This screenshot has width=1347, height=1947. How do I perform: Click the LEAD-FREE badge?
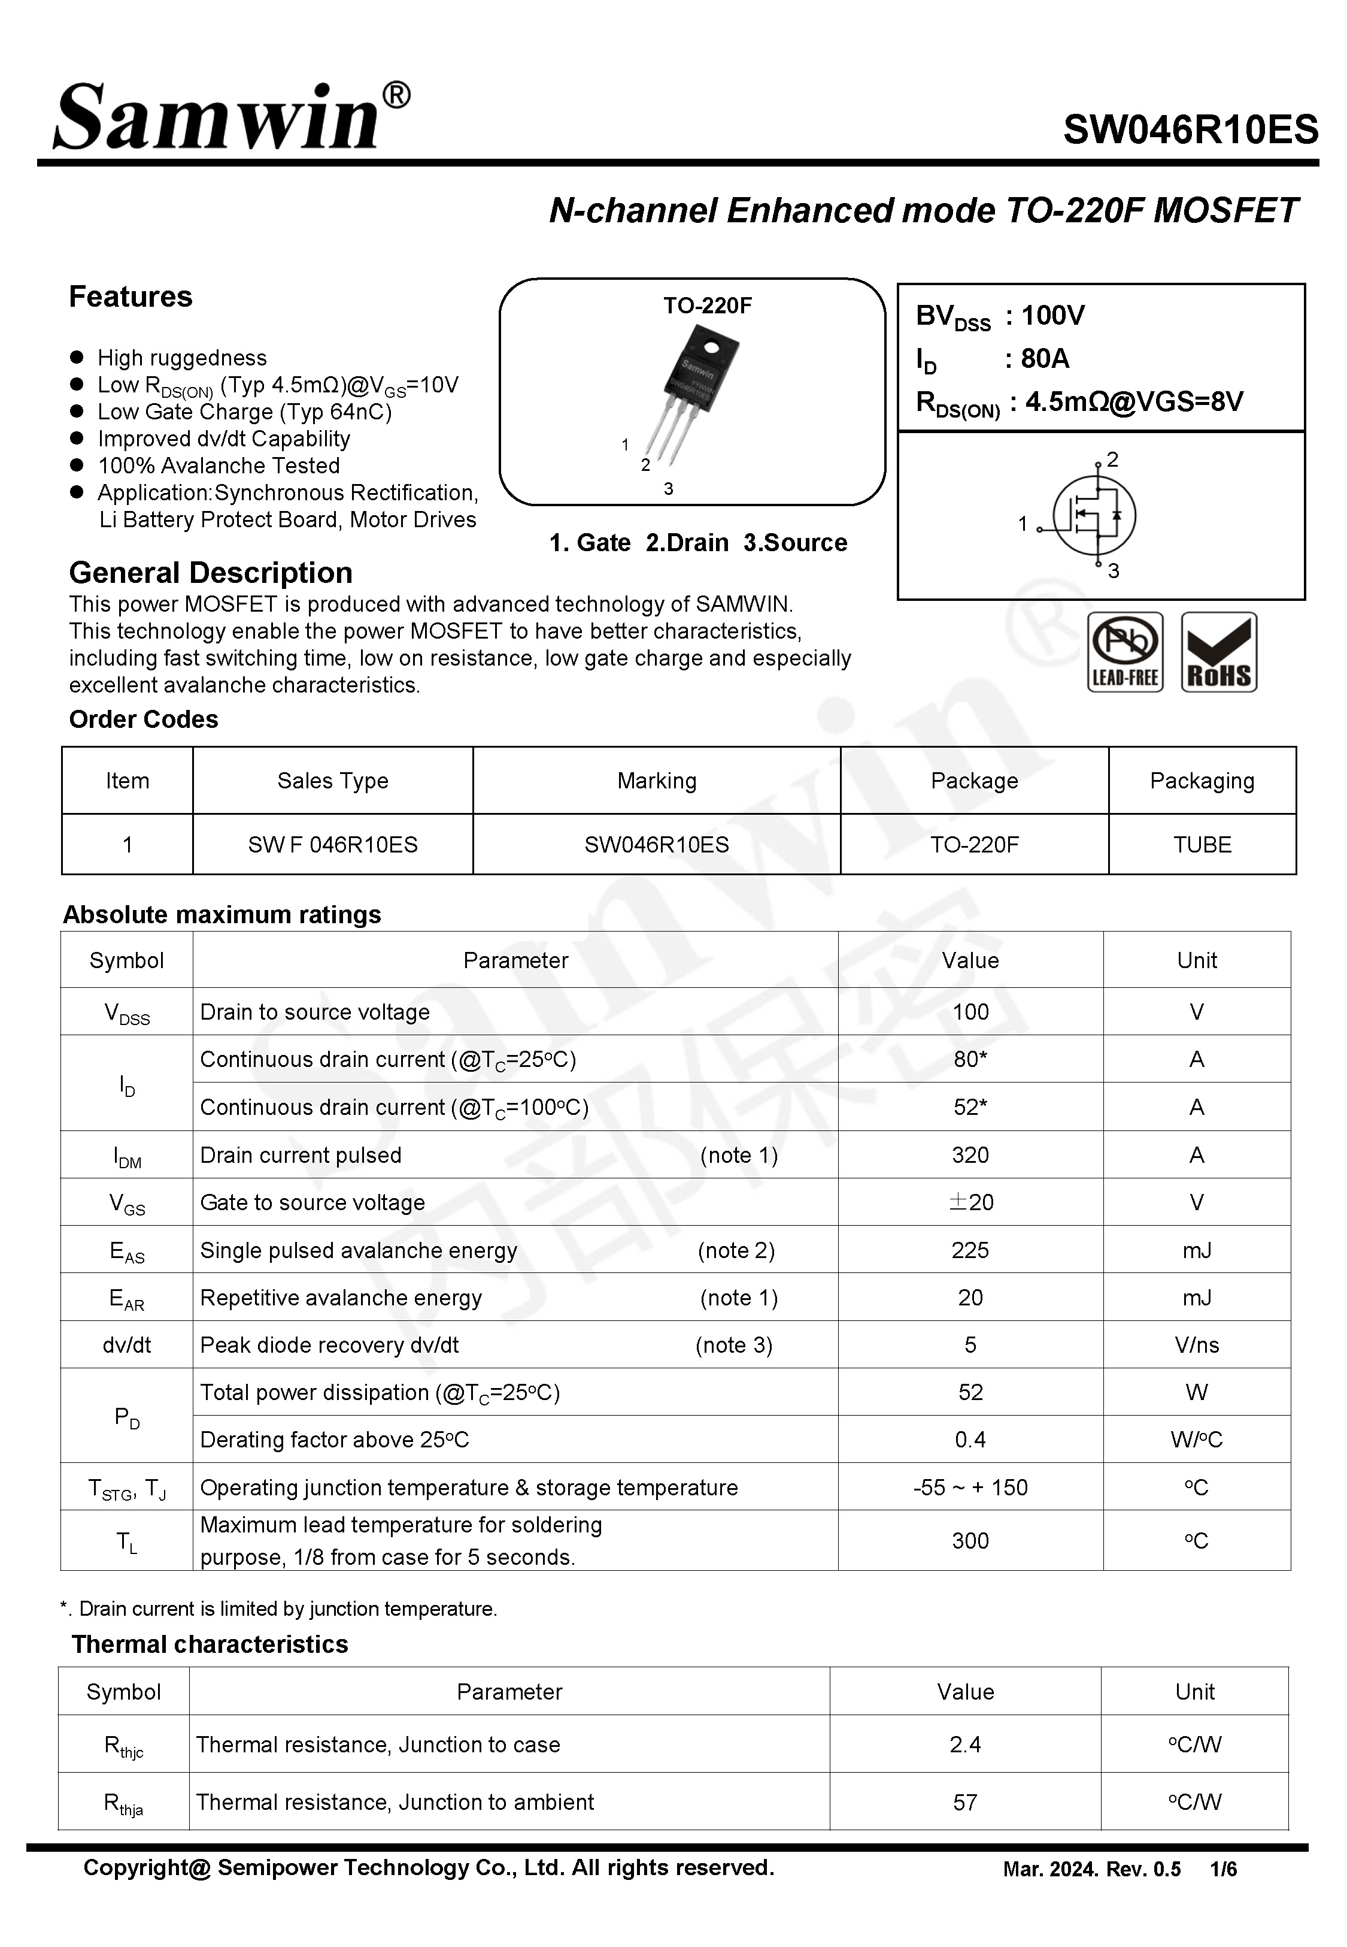1124,652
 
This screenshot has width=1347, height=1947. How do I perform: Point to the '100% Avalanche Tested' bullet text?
219,466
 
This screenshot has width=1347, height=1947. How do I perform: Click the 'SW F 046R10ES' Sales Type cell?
332,844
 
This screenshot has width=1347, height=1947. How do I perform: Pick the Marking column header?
657,781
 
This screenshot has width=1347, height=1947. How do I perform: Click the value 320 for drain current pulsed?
970,1155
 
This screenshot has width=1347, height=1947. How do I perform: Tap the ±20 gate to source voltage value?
970,1202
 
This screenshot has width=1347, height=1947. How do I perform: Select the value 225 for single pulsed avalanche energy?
970,1250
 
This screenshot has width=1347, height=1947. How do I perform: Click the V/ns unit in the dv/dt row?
1196,1345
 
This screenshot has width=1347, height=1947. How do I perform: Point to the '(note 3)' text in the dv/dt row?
733,1345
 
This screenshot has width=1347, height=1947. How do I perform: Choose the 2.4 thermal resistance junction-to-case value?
964,1745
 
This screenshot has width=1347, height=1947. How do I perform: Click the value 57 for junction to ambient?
964,1803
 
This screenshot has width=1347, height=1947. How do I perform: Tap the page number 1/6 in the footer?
1223,1869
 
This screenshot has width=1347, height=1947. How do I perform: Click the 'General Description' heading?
210,573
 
